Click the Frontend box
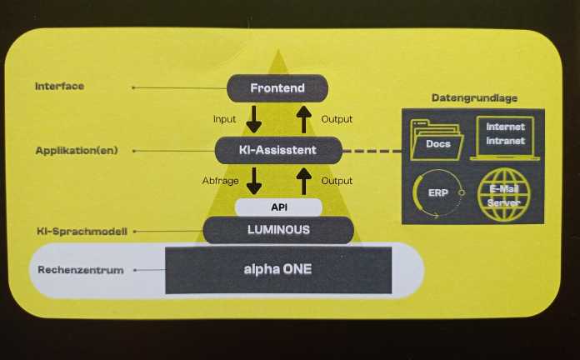click(277, 87)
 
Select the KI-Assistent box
click(277, 150)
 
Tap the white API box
click(277, 207)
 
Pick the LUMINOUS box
click(277, 230)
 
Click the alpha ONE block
click(277, 269)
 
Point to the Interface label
click(59, 87)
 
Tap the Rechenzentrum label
click(81, 270)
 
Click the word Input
click(225, 119)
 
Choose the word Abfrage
click(221, 180)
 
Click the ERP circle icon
click(437, 193)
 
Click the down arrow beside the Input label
click(253, 118)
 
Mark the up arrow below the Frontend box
click(304, 118)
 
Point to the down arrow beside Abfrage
click(253, 180)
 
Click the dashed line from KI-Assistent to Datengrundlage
click(372, 151)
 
